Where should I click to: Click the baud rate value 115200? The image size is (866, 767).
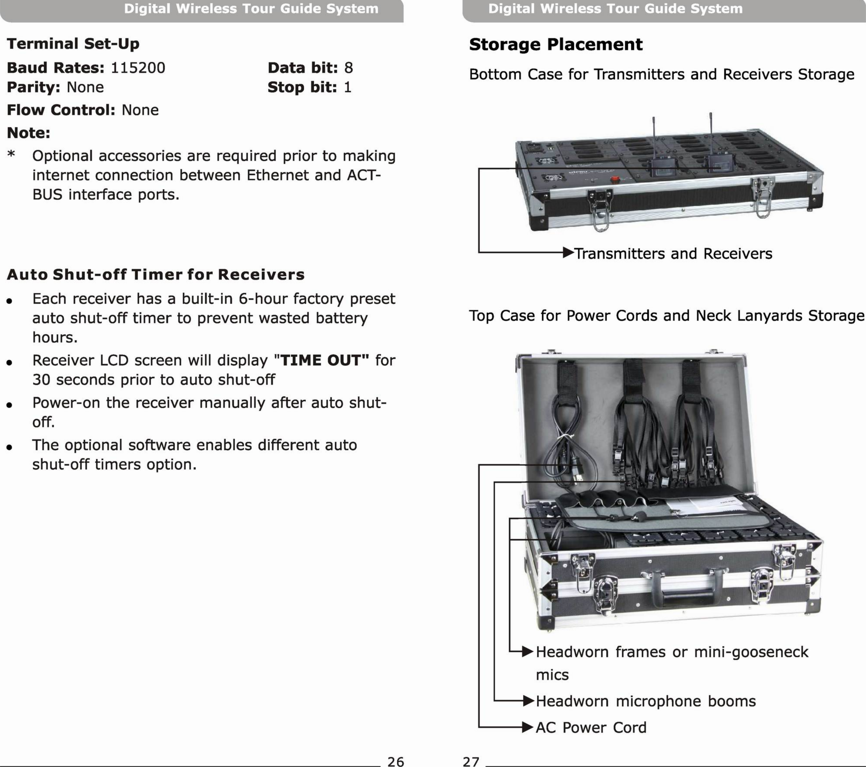point(138,68)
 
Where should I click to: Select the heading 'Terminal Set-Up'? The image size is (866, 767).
point(73,44)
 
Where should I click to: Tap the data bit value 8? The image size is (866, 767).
point(348,68)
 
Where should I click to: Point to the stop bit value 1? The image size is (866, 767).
point(347,87)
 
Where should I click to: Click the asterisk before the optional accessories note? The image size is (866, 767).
point(11,154)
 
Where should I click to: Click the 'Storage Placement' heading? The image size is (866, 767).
point(555,44)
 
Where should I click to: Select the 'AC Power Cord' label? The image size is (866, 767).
point(591,727)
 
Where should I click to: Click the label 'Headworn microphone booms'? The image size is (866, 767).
point(646,701)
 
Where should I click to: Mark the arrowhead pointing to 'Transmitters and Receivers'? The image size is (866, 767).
point(568,253)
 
